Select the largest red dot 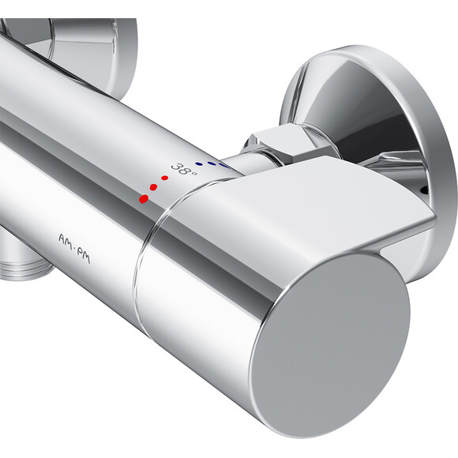144,198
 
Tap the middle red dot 154,188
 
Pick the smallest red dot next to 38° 164,178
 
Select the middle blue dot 211,164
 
